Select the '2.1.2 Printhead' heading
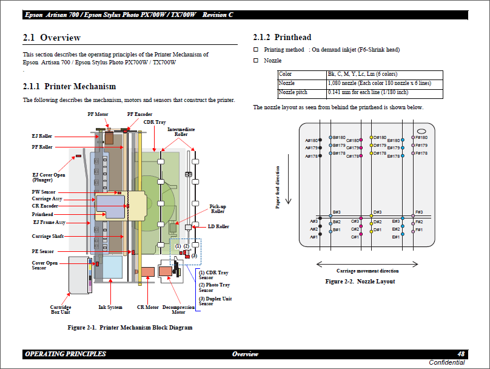[x=282, y=38]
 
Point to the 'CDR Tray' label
[x=155, y=122]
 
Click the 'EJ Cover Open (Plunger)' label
[x=49, y=177]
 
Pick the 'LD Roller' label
[x=218, y=226]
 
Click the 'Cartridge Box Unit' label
[x=60, y=310]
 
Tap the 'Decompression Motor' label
[x=178, y=310]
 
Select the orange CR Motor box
[x=148, y=272]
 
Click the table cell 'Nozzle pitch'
[x=293, y=93]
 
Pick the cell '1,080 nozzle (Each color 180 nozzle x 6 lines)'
[x=379, y=83]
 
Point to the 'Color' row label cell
[x=285, y=74]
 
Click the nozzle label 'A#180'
[x=311, y=141]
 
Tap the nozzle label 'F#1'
[x=419, y=230]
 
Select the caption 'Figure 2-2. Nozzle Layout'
[x=360, y=282]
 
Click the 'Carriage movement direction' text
[x=367, y=271]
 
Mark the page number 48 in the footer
[x=461, y=354]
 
